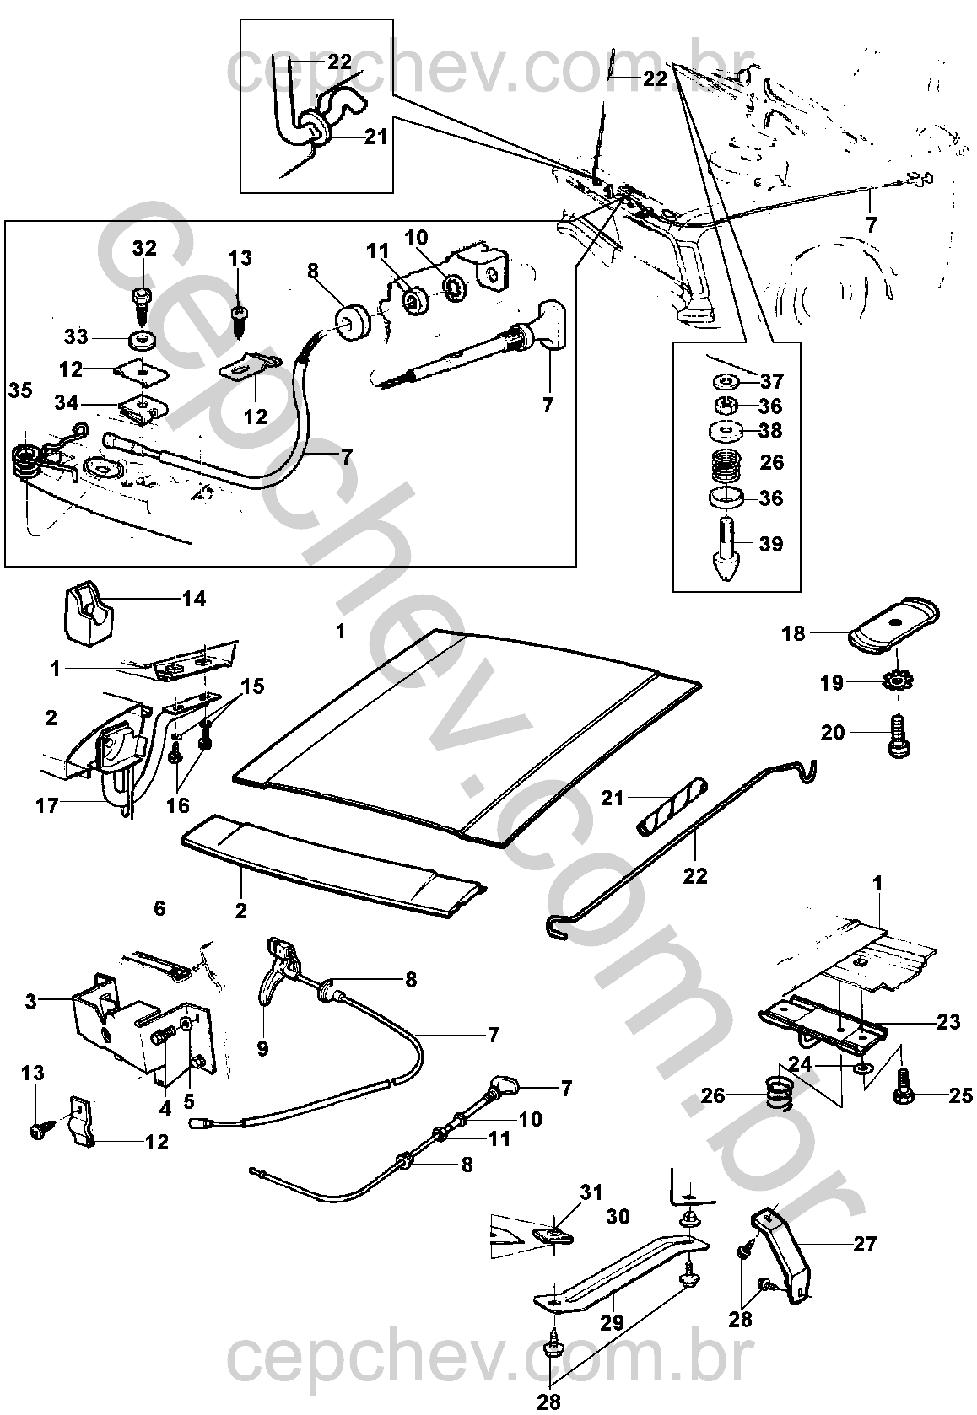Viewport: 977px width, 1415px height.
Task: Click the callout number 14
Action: point(194,600)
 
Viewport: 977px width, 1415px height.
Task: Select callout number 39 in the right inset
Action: point(771,544)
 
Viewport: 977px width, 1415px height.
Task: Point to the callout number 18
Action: point(793,633)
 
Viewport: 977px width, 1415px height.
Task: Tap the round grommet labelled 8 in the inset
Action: point(352,322)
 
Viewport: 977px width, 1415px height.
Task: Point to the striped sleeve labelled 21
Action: point(661,806)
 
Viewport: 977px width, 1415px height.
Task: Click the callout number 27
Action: point(865,1244)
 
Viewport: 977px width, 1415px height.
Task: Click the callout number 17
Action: point(46,806)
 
